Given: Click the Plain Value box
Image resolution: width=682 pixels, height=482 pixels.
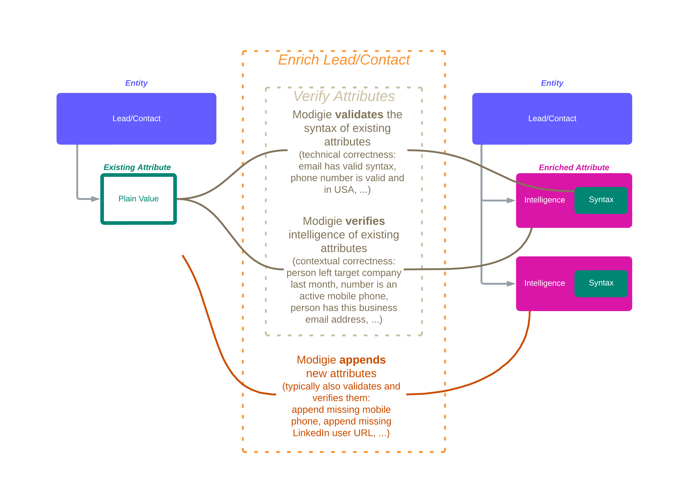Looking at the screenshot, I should point(139,199).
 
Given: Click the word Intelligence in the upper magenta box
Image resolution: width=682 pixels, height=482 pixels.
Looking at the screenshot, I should point(544,200).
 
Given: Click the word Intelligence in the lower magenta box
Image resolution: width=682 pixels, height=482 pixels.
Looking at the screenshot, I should point(544,283).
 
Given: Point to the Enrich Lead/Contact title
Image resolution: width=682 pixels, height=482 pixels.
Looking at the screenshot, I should point(344,60).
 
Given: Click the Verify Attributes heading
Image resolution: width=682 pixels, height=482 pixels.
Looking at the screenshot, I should point(344,96).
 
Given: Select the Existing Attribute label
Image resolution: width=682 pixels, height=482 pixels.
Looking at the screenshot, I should point(137,167).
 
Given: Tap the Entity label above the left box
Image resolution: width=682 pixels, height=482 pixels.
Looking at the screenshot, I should point(136,83).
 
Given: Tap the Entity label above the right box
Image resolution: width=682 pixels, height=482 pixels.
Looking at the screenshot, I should point(552,83).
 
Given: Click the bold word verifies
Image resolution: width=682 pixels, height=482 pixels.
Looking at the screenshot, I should point(365,221).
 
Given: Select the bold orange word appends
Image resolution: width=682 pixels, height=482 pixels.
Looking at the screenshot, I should point(365,360).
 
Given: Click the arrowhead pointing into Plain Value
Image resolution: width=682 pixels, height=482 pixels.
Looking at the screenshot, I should point(96,199).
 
